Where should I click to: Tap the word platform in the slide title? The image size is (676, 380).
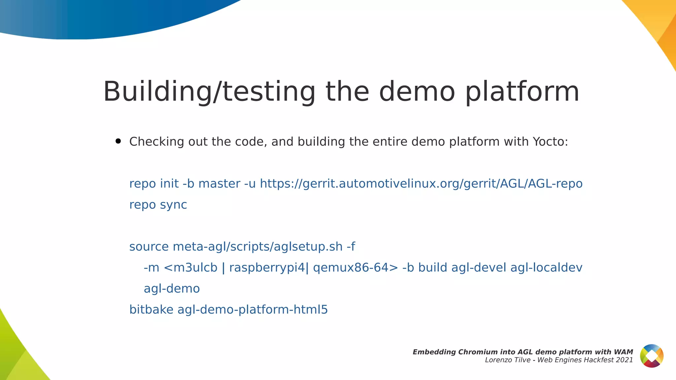coord(522,92)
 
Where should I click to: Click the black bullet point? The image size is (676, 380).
coord(118,142)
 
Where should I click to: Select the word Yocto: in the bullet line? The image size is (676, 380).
coord(550,142)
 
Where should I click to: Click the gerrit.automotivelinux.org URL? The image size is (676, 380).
coord(421,184)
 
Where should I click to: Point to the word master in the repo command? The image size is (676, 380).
coord(219,184)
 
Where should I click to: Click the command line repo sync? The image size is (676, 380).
coord(158,205)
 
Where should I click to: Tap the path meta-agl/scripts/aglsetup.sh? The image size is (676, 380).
coord(257,247)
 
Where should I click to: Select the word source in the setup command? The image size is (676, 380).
coord(149,247)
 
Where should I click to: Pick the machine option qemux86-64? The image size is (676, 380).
coord(351,268)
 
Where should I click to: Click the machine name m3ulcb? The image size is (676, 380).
coord(195,268)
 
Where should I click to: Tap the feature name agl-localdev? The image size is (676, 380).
coord(546,268)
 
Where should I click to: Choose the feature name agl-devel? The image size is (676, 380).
coord(479,268)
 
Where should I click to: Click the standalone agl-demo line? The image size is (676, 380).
coord(172,289)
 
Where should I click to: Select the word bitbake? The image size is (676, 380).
coord(151,310)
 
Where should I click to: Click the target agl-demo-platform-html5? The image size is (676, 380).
coord(253,310)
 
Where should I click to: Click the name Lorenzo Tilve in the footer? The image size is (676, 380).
coord(508,360)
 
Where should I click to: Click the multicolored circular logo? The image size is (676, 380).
coord(652,356)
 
